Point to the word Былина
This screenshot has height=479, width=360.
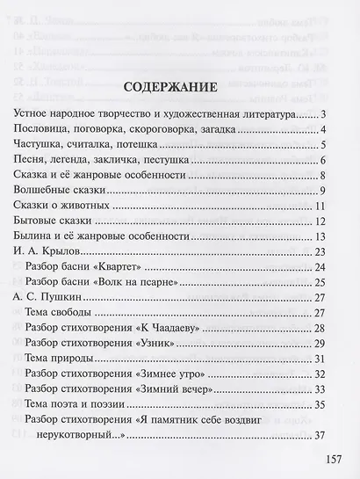[36, 236]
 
